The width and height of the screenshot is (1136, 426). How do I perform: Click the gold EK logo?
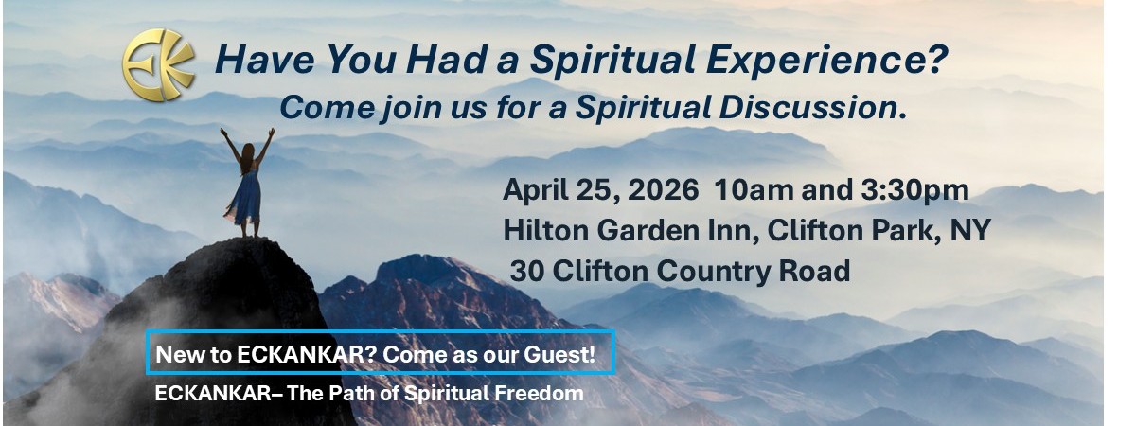(x=158, y=65)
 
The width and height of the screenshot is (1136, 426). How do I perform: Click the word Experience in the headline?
(x=826, y=61)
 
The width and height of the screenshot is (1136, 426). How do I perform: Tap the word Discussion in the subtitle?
(x=812, y=108)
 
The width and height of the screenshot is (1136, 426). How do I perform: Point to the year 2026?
(x=664, y=190)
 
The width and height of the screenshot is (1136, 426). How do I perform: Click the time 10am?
(x=754, y=190)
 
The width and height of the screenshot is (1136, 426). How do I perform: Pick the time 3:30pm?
(x=914, y=191)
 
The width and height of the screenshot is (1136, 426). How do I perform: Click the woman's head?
(x=248, y=151)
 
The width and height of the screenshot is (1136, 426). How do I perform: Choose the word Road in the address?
(x=814, y=271)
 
